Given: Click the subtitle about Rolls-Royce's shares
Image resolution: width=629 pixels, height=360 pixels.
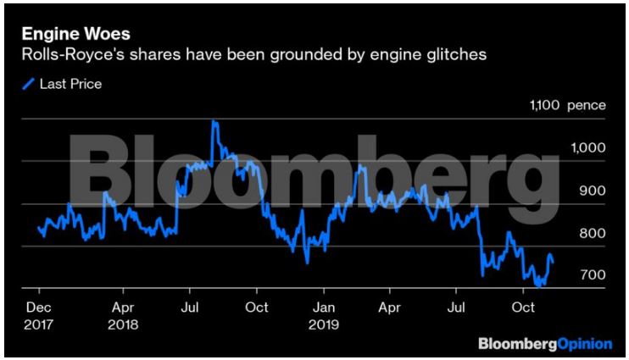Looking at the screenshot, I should [253, 56].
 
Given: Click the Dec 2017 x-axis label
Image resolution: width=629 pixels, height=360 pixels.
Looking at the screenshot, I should [40, 314].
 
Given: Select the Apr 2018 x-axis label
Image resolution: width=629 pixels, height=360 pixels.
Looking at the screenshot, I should [125, 314].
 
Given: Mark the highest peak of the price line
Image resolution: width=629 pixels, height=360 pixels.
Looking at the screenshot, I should [214, 121].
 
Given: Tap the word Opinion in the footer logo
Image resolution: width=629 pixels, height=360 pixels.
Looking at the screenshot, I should [585, 345].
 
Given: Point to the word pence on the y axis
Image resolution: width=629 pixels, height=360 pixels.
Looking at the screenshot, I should [587, 106].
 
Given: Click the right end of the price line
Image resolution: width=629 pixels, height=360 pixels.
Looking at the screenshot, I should [554, 262].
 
